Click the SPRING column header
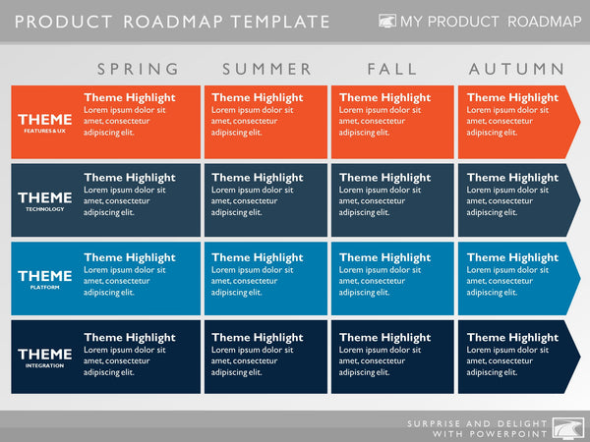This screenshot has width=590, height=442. (x=139, y=69)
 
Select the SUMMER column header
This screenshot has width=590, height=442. (x=266, y=69)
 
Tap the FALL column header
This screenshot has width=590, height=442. (x=392, y=69)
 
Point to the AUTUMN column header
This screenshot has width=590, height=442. (x=517, y=69)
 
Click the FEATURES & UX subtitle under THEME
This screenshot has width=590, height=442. (x=45, y=131)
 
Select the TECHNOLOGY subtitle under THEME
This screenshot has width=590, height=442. (x=45, y=209)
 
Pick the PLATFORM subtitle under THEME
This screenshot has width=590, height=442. (x=45, y=288)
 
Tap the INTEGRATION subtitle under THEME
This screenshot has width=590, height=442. (x=45, y=365)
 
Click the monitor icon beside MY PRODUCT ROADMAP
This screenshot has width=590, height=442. (x=388, y=21)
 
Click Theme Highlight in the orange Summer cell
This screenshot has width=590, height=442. (x=258, y=98)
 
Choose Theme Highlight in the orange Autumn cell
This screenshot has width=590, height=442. (x=512, y=98)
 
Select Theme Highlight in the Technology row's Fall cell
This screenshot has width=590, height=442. (x=384, y=178)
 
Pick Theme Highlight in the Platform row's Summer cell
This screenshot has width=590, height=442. (x=258, y=257)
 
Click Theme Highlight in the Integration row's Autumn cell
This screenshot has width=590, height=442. (x=512, y=338)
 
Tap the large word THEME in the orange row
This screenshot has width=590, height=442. (x=45, y=119)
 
